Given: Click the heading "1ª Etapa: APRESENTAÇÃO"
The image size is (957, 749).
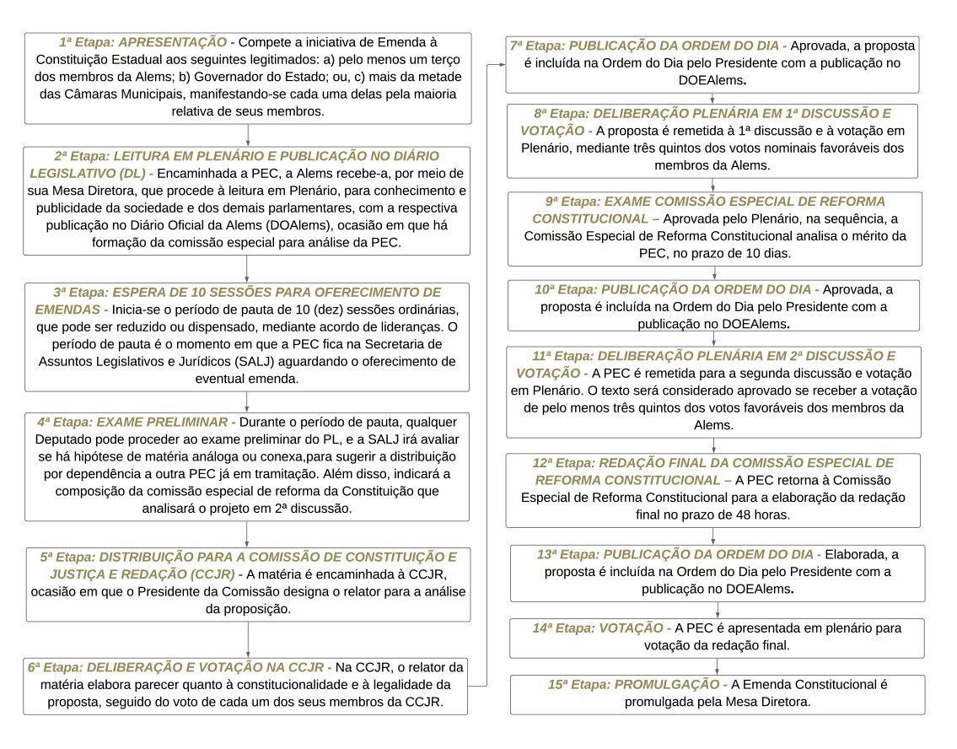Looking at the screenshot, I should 142,42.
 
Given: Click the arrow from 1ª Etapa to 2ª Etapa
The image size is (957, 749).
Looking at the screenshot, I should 247,135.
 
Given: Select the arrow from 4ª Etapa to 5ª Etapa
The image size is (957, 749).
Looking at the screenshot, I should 247,534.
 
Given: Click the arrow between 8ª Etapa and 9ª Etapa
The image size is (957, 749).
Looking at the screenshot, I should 715,185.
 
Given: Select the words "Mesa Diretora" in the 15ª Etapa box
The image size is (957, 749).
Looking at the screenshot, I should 768,701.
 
